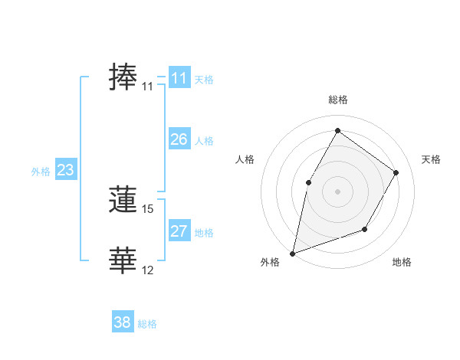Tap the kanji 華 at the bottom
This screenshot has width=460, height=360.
[x=123, y=260]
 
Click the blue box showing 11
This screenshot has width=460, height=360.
[x=179, y=78]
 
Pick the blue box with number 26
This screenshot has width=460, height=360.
[x=179, y=139]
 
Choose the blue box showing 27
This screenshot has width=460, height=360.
[x=179, y=231]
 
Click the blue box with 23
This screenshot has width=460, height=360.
[x=65, y=170]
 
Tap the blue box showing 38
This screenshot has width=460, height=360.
[x=123, y=322]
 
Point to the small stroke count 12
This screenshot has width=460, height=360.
[x=148, y=270]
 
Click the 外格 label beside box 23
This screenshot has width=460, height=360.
[x=41, y=172]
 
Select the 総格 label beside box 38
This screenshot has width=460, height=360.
[x=147, y=324]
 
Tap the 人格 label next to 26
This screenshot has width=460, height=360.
[x=205, y=141]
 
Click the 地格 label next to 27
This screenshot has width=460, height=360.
[x=205, y=233]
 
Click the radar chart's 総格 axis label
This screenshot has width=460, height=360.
[x=337, y=100]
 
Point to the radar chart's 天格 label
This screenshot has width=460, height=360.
[x=431, y=159]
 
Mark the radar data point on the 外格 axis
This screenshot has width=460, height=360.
[x=292, y=253]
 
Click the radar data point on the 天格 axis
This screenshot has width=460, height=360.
[x=396, y=172]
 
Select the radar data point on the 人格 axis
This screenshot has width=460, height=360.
[x=309, y=182]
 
